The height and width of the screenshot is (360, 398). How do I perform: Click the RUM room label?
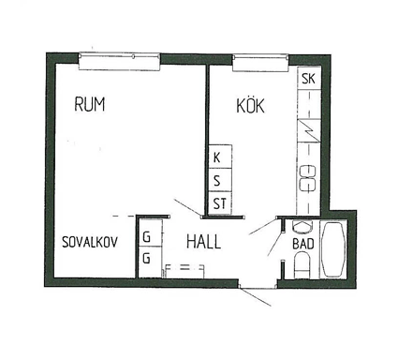point(90,104)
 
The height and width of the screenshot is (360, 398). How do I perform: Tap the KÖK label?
point(250,106)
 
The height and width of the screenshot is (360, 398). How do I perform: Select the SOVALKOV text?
point(90,242)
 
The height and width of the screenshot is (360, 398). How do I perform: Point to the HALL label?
point(203,242)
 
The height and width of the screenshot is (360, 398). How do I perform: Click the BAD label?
point(303,244)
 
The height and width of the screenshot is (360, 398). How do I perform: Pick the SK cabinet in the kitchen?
point(309,79)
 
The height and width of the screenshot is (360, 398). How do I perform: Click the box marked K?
point(220,157)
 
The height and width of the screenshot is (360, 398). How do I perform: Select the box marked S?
point(220,180)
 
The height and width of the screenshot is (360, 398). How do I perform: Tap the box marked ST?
point(220,203)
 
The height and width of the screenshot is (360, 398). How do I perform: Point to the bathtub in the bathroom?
point(333,249)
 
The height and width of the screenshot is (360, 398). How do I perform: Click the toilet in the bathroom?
point(302,265)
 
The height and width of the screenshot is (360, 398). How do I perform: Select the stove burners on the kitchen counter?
point(308,178)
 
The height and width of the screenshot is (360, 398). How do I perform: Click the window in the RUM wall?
point(119,62)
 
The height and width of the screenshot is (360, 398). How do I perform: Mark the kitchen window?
point(260,63)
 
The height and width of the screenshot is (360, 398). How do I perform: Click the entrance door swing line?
point(257,297)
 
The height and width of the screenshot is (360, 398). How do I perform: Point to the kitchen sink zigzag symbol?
point(309,130)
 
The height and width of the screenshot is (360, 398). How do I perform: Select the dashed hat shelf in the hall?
point(184,271)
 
